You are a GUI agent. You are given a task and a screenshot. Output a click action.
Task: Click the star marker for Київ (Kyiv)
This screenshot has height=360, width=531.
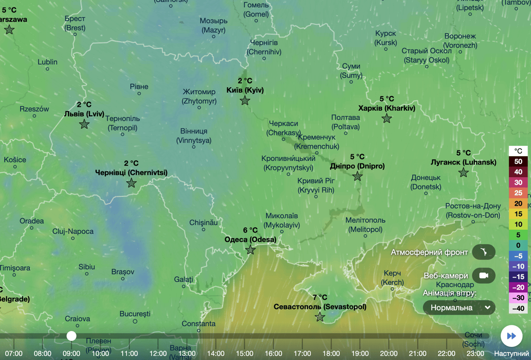tap(245, 100)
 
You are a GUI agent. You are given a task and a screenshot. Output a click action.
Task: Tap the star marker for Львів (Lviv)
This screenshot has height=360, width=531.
tap(84, 124)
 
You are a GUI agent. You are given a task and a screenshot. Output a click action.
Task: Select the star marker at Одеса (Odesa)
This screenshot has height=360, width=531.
tap(250, 250)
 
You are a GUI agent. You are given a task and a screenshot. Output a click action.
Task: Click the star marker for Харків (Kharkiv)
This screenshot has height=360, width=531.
tap(387, 118)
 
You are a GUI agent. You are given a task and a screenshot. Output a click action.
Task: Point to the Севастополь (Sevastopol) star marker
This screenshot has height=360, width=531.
tap(320, 317)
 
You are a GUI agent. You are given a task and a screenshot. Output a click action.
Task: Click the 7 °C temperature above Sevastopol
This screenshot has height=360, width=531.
tap(320, 297)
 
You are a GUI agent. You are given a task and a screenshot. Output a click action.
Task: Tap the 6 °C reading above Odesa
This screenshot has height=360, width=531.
tap(250, 230)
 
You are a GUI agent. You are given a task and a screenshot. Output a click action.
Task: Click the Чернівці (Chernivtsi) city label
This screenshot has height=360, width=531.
tap(131, 172)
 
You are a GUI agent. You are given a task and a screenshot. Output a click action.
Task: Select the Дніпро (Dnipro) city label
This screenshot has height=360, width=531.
tap(357, 166)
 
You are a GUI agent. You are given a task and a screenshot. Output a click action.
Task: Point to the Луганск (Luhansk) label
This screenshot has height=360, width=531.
tap(464, 162)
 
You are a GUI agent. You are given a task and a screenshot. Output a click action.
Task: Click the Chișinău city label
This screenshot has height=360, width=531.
tap(203, 223)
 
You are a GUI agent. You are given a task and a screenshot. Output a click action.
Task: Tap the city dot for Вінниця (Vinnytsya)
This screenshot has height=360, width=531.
tap(194, 147)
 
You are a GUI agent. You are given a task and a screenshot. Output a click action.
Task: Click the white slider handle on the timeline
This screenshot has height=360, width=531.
tap(71, 336)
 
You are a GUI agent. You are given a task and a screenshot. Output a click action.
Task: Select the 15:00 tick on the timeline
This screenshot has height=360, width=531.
tap(245, 353)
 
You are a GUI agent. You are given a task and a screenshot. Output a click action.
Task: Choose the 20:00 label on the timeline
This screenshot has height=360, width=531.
tap(389, 353)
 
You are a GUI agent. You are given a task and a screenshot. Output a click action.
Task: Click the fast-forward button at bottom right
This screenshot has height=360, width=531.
tap(511, 336)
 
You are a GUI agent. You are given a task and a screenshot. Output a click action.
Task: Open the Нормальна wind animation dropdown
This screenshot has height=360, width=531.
tap(459, 307)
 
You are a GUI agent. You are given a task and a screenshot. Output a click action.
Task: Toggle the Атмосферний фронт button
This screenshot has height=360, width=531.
tap(484, 252)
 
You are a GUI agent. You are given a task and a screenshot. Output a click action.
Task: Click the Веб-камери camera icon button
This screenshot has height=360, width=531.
tap(484, 275)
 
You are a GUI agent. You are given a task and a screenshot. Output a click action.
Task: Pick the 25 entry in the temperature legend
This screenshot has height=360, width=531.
tap(518, 193)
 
